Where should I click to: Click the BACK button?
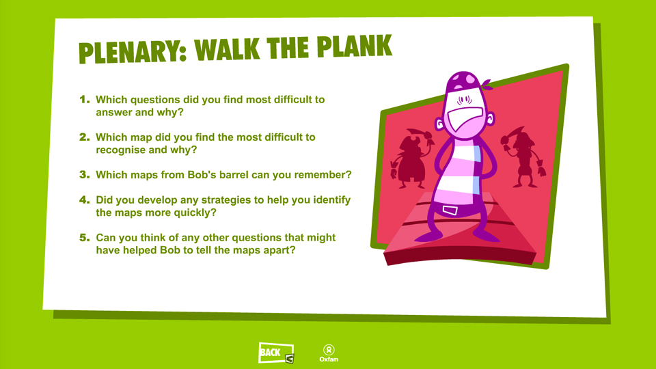pyautogui.click(x=276, y=353)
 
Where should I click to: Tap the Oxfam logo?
pyautogui.click(x=329, y=353)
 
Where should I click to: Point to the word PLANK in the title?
pyautogui.click(x=355, y=46)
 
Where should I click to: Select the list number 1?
pyautogui.click(x=85, y=100)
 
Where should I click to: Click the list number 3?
pyautogui.click(x=85, y=174)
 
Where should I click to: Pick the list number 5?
pyautogui.click(x=85, y=238)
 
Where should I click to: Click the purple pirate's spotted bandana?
pyautogui.click(x=465, y=81)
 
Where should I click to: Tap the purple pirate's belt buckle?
pyautogui.click(x=450, y=210)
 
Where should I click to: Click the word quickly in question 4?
pyautogui.click(x=195, y=213)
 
